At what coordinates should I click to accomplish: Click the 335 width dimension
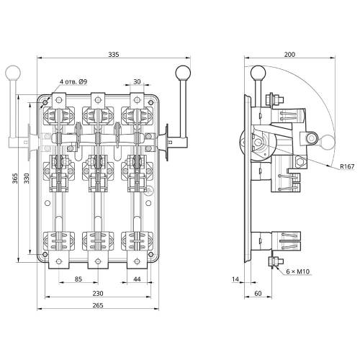point(114,55)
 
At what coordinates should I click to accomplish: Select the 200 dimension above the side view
point(289,55)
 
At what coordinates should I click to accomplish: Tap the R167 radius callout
point(347,166)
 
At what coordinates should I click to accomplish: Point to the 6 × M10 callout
point(298,271)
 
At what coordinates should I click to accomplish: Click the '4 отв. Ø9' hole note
point(73,81)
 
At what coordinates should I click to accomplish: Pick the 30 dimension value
point(137,81)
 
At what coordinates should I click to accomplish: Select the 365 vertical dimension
point(15,179)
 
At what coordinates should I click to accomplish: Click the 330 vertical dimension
point(26,179)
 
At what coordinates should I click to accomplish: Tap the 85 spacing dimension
point(78,279)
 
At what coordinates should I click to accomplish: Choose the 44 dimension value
point(137,279)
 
